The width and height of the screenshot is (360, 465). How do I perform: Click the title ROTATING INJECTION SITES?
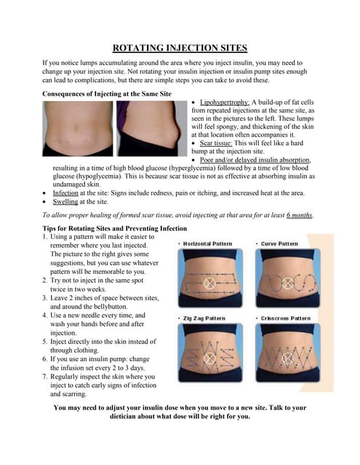[x=180, y=49]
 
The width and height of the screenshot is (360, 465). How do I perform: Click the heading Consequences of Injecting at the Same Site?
[x=107, y=94]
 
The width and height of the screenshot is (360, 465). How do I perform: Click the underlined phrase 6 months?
[x=300, y=215]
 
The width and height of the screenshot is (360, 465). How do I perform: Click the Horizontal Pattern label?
[x=207, y=243]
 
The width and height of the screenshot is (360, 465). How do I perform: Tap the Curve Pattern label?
[x=279, y=243]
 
